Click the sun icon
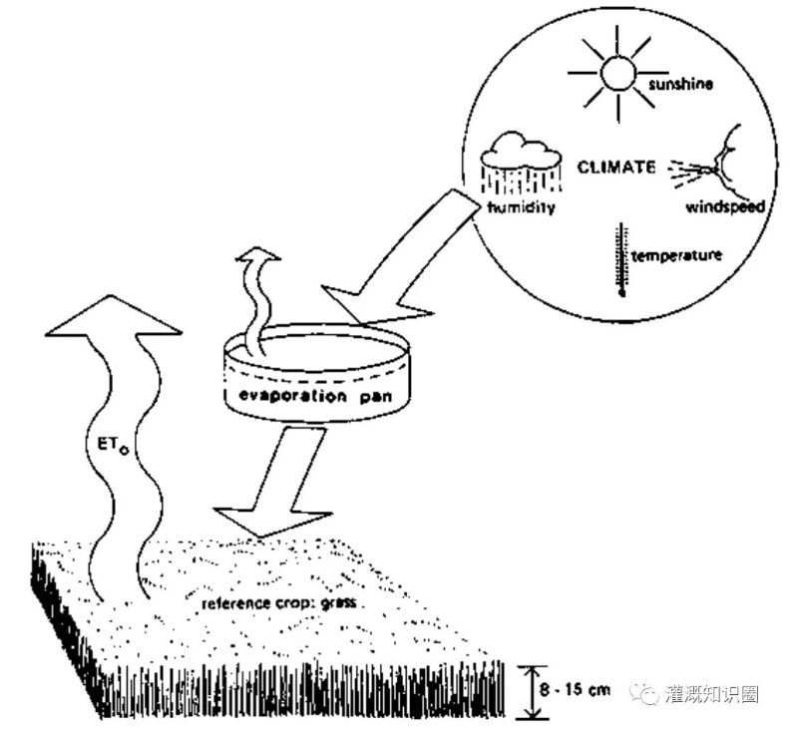[615, 70]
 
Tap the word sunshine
[680, 85]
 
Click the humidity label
[520, 208]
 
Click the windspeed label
[725, 207]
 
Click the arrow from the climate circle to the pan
[400, 264]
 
